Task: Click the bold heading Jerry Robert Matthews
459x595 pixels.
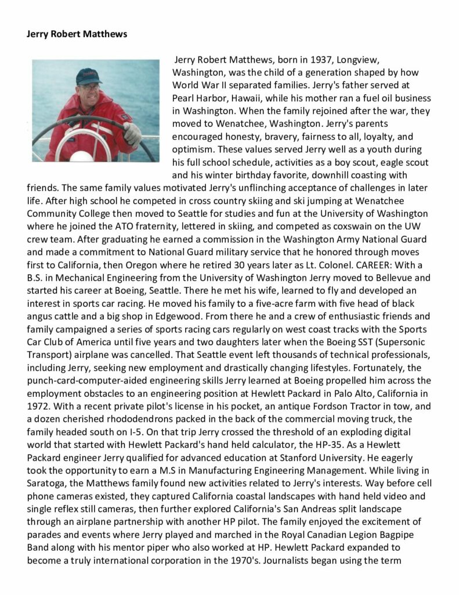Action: (x=77, y=34)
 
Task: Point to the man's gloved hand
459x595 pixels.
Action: (x=132, y=134)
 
